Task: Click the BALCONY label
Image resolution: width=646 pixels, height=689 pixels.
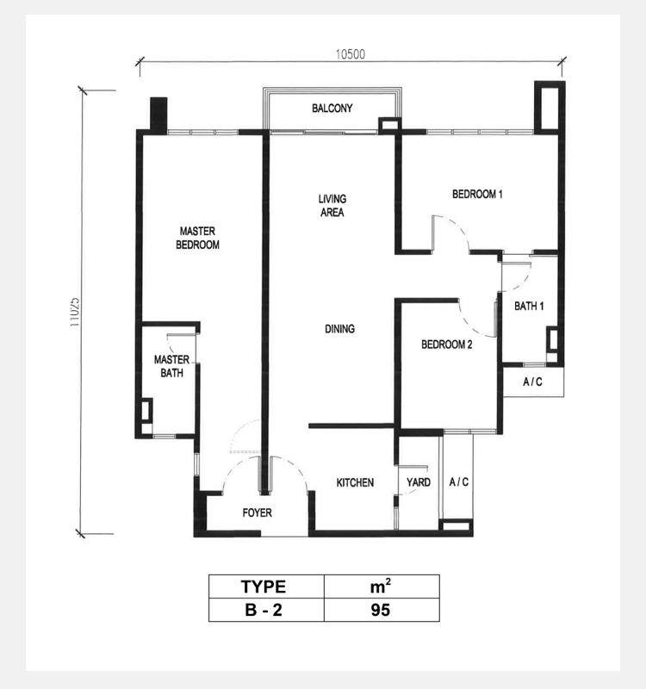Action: tap(332, 109)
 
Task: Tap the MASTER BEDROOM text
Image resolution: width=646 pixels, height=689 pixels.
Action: tap(197, 238)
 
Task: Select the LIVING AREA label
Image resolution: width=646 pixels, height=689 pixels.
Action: tap(332, 206)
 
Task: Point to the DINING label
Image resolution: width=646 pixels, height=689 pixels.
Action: tap(339, 329)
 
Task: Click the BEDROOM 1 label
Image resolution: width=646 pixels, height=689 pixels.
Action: tap(477, 194)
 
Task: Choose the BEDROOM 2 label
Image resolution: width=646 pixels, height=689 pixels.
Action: tap(446, 344)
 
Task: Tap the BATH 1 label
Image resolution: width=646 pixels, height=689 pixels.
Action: tap(529, 306)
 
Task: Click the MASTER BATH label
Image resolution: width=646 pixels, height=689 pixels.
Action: tap(171, 366)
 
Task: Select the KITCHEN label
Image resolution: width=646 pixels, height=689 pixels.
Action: tap(355, 482)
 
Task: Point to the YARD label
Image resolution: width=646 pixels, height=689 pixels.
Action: tap(419, 482)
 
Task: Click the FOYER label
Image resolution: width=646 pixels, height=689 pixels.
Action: tap(257, 512)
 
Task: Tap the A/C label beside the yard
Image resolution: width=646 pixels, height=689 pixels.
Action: tap(459, 482)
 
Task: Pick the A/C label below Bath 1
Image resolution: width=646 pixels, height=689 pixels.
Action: tap(532, 382)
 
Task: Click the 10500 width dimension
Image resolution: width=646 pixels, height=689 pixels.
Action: tap(351, 54)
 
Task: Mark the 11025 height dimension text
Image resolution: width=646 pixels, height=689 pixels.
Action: tap(75, 313)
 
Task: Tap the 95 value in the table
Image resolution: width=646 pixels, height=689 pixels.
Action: tap(382, 610)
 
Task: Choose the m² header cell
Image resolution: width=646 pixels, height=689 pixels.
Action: tap(382, 587)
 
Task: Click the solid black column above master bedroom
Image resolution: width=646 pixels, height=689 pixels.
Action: tap(158, 115)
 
